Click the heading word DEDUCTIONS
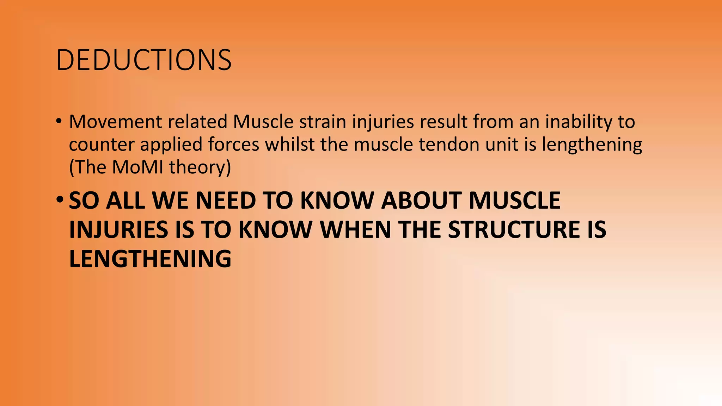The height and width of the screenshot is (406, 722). point(143,60)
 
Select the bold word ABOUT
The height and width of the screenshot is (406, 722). point(421,201)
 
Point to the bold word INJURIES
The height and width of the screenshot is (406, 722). point(119,229)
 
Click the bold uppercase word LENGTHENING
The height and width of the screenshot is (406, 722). point(150,259)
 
